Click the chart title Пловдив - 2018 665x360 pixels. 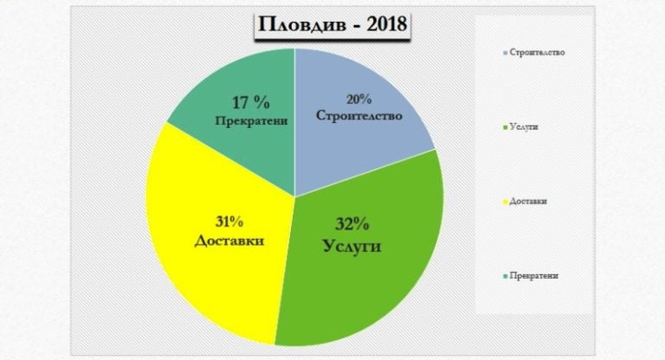[332, 24]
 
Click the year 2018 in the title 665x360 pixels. [386, 24]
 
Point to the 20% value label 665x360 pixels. [358, 100]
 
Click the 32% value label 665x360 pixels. [352, 224]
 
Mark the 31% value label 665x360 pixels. [229, 222]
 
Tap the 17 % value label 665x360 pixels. [250, 103]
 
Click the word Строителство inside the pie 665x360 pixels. [358, 116]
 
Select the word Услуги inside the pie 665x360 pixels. [352, 246]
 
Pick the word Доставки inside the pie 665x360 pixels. [229, 241]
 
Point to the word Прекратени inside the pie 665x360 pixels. [251, 121]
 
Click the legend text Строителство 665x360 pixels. [538, 53]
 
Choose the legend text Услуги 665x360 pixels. [524, 127]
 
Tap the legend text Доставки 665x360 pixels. [528, 201]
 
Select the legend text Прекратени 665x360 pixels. [534, 275]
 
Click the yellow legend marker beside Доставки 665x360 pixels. [505, 202]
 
